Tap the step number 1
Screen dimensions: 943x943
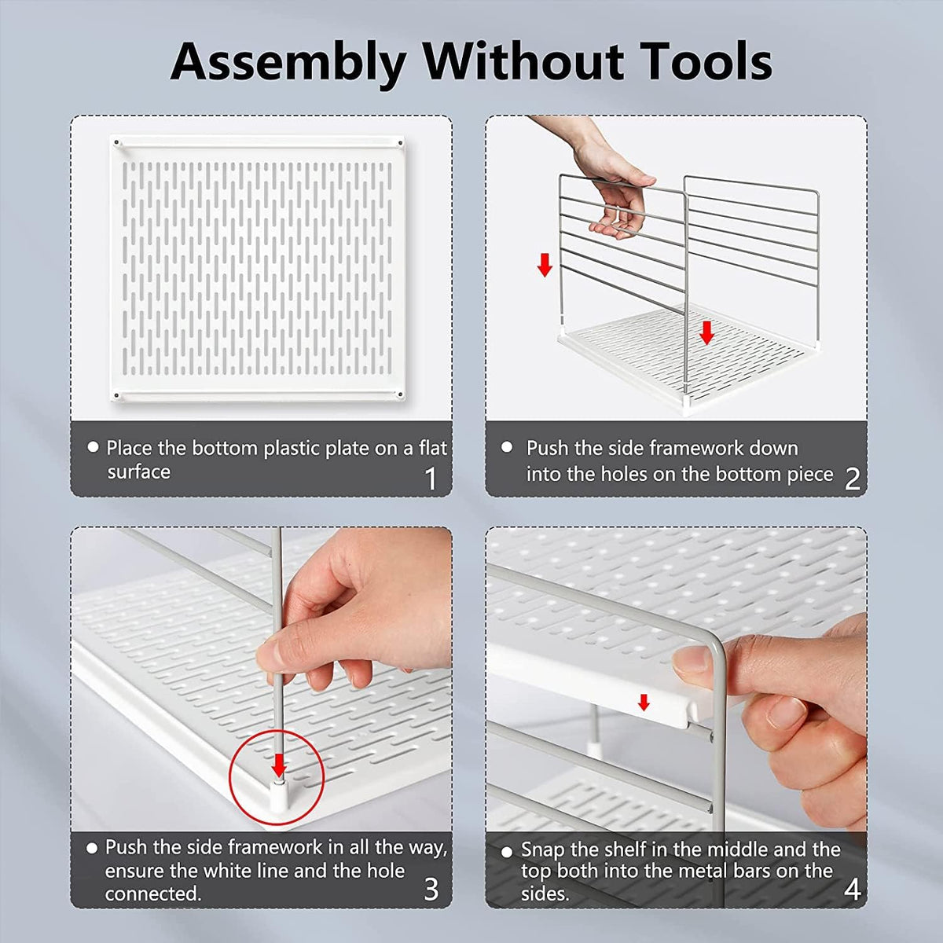point(431,478)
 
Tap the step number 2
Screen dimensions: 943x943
point(852,479)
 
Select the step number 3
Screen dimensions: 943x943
point(431,889)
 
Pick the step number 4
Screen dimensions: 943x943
point(852,889)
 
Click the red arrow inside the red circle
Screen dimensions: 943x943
point(279,765)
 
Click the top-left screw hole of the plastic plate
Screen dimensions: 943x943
point(116,143)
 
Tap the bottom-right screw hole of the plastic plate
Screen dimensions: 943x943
point(400,394)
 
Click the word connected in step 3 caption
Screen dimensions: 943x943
point(153,894)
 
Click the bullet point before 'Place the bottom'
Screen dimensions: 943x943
point(93,447)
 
